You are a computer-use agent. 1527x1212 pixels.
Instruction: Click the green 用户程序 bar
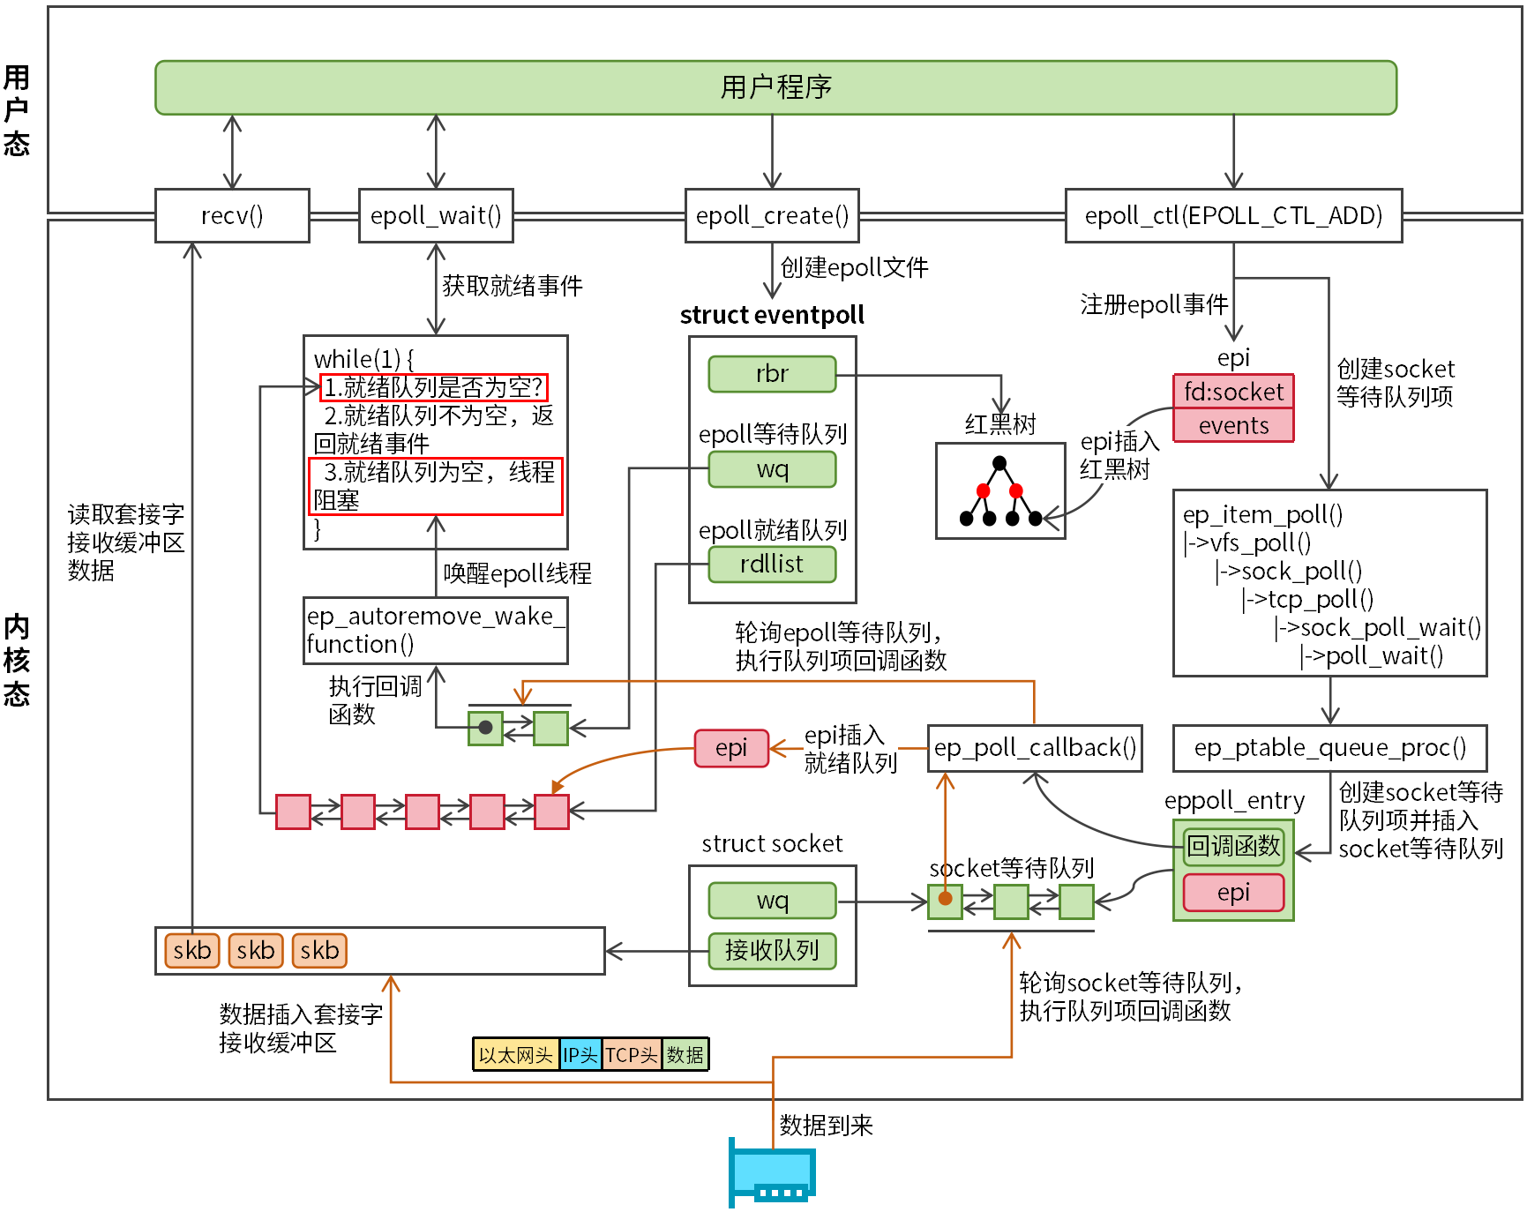[x=775, y=87]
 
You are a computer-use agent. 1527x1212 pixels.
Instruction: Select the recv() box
[x=232, y=215]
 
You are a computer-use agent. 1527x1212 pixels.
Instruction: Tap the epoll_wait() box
[x=436, y=215]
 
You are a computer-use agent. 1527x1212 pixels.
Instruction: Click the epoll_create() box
[x=772, y=215]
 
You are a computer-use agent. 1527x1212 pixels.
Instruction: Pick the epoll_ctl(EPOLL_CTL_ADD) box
[x=1233, y=215]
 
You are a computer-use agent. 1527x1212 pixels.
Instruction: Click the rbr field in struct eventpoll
[x=772, y=374]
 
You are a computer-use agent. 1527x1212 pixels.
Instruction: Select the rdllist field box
[x=772, y=565]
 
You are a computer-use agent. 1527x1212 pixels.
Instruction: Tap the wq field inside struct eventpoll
[x=772, y=469]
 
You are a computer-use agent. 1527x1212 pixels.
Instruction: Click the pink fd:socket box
[x=1233, y=392]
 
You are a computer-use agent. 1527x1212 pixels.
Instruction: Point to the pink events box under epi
[x=1233, y=426]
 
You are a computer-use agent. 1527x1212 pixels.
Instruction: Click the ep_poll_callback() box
[x=1035, y=748]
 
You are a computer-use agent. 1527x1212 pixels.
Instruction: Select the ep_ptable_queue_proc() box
[x=1329, y=748]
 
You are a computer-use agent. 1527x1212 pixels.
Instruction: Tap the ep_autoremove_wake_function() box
[x=436, y=631]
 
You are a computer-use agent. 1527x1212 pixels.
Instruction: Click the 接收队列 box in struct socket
[x=772, y=951]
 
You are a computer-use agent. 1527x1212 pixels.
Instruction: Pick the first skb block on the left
[x=191, y=951]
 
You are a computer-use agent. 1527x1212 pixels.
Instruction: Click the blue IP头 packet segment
[x=580, y=1055]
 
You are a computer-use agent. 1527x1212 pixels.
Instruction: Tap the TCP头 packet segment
[x=632, y=1055]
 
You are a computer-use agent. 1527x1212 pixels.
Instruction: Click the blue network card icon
[x=772, y=1173]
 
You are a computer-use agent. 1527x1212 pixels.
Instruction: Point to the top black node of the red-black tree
[x=999, y=463]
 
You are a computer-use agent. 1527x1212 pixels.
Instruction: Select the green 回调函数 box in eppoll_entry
[x=1233, y=847]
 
